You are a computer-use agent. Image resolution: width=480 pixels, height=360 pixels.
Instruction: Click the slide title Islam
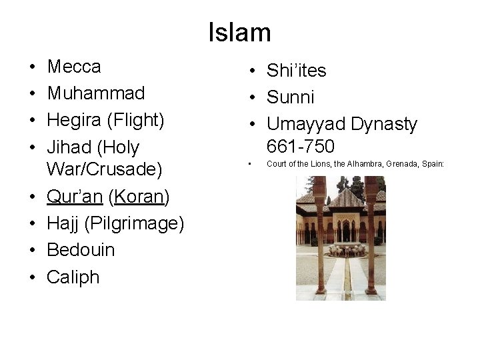coord(239,33)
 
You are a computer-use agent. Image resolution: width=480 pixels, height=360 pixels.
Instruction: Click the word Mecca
coord(74,67)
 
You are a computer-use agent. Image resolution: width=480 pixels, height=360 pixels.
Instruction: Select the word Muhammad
coord(95,93)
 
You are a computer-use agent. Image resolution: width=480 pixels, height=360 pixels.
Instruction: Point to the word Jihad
coord(69,147)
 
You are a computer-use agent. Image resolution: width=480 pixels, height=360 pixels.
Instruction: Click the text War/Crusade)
coord(104,169)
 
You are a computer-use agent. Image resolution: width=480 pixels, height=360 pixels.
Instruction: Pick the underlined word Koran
coord(139,197)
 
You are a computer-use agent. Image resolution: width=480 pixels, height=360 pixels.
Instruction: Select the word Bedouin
coord(81,250)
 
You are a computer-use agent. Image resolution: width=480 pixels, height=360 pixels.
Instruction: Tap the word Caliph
coord(73,277)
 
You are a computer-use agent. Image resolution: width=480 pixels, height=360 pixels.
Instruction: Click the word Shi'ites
coord(297,71)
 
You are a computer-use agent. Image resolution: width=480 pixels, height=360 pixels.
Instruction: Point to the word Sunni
coord(290,97)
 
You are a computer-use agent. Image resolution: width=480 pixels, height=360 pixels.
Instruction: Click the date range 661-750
coord(300,146)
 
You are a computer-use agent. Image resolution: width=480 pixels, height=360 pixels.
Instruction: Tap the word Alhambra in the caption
coord(360,164)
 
